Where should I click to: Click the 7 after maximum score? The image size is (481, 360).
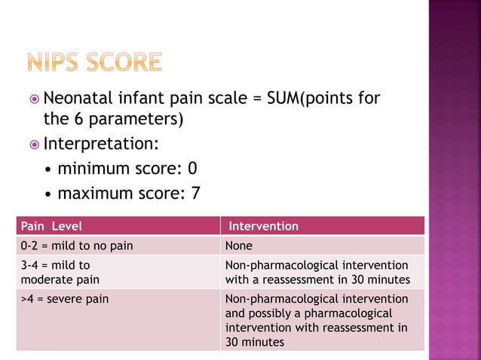[x=195, y=193]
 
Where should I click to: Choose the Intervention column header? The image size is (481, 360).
[x=263, y=226]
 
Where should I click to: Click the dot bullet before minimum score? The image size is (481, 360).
[x=49, y=167]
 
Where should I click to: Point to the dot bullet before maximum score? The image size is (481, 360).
[x=49, y=194]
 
